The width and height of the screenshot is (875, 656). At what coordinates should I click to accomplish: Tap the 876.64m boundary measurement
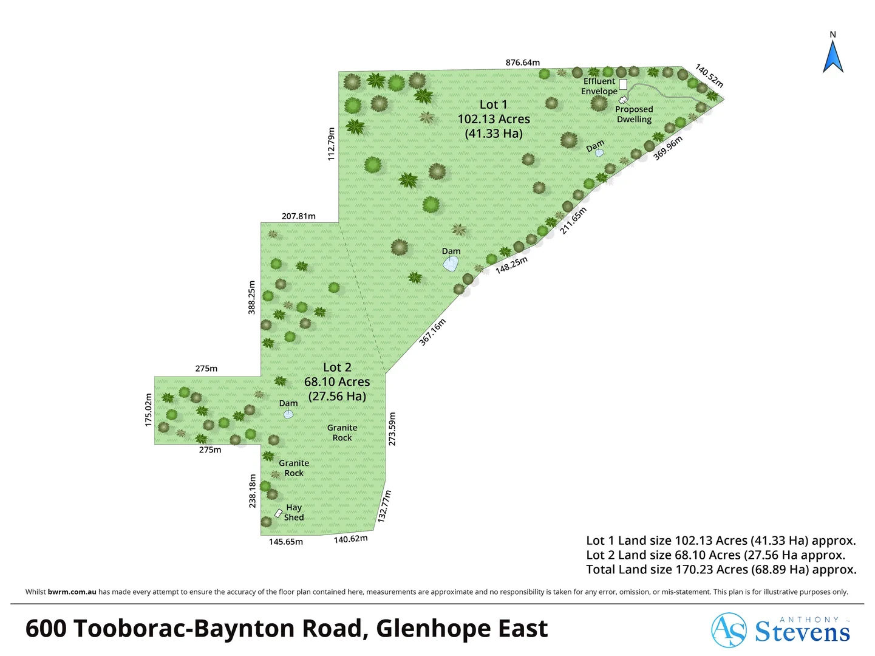coord(522,63)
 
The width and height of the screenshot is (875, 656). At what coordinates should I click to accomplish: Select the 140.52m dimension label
coord(709,76)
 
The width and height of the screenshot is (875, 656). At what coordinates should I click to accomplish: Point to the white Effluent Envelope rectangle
coord(623,84)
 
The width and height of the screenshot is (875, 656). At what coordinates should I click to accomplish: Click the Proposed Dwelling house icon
coord(622,100)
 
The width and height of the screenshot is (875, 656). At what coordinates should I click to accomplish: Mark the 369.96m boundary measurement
coord(668,148)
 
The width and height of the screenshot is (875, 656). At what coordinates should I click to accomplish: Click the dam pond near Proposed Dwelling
coord(599,152)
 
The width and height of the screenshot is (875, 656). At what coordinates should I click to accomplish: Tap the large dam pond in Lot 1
coord(451,264)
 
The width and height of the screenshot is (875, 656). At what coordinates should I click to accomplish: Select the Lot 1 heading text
coord(493,105)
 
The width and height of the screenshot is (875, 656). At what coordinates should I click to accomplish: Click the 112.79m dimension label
coord(332,144)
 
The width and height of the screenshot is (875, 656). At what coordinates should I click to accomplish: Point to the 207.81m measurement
coord(298,216)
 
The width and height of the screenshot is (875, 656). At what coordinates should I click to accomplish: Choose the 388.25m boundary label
coord(252,297)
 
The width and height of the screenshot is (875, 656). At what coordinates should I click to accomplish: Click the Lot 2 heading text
coord(337,367)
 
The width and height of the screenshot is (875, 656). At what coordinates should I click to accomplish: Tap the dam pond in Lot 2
coord(288,414)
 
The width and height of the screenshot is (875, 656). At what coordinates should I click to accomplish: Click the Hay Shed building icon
coord(278,513)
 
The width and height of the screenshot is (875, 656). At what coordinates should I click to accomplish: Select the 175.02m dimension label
coord(148,410)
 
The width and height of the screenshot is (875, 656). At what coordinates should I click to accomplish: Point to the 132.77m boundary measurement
coord(384,506)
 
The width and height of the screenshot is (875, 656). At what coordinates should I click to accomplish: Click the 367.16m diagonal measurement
coord(432,332)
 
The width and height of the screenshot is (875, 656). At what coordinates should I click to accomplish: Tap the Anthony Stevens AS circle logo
coord(729,630)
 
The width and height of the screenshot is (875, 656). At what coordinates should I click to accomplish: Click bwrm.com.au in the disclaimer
coord(72,592)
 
